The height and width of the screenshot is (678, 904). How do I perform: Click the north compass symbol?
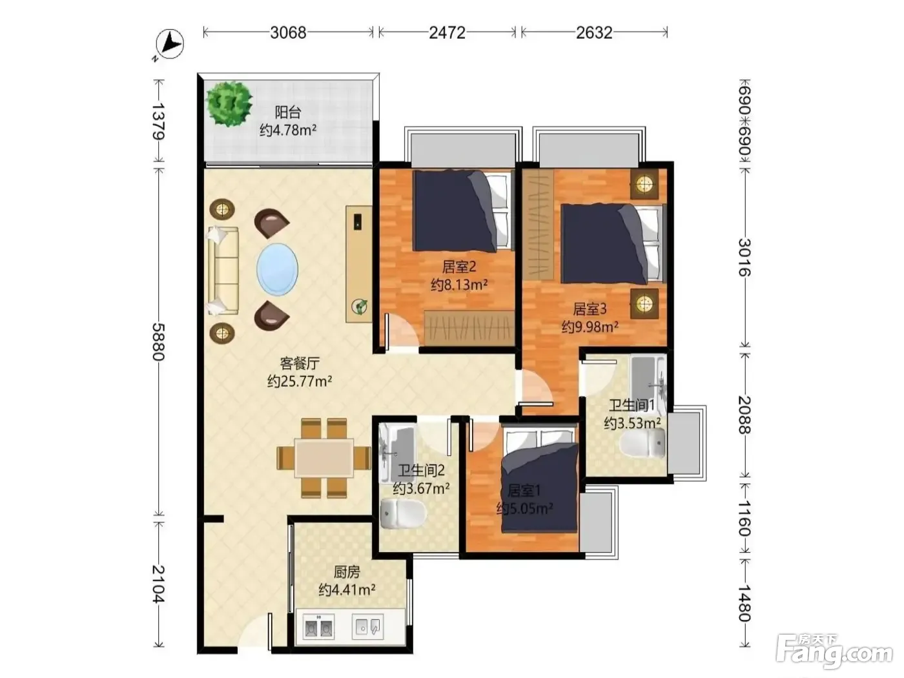click(x=169, y=45)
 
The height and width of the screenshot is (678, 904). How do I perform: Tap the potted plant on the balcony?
click(x=229, y=103)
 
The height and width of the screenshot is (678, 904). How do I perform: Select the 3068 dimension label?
click(x=288, y=32)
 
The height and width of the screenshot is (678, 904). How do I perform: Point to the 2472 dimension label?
click(x=447, y=32)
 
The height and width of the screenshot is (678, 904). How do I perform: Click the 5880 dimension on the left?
click(x=159, y=342)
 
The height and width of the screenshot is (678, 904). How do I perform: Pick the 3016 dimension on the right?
click(x=745, y=258)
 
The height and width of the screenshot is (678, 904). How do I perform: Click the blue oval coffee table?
click(x=277, y=269)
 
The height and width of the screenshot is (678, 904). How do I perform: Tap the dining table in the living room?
click(x=324, y=458)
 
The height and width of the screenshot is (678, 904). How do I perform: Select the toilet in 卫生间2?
click(x=403, y=514)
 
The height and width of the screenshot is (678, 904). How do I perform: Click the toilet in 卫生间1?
click(x=642, y=443)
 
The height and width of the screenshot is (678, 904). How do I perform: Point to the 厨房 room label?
click(x=346, y=572)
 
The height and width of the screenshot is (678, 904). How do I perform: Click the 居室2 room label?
click(x=459, y=267)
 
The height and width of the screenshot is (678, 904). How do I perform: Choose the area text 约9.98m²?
click(x=590, y=327)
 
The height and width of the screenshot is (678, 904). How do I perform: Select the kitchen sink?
click(x=367, y=627)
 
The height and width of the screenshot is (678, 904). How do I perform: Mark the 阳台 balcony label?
click(x=288, y=112)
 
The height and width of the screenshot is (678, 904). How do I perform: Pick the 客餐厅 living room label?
click(x=300, y=364)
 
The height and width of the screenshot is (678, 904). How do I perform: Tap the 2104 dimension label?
click(x=159, y=584)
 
